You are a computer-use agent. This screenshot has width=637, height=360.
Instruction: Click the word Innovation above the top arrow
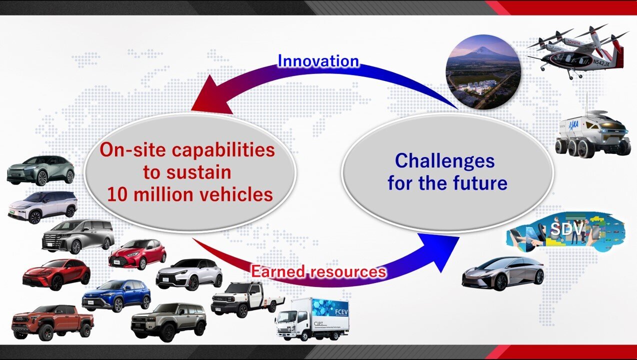318,61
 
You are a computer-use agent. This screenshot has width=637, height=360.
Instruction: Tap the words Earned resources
318,271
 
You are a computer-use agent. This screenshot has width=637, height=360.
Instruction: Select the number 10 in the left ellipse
117,195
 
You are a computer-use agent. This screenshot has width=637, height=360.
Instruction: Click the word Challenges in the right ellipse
445,161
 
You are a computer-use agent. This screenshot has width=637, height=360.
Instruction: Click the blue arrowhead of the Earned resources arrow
439,250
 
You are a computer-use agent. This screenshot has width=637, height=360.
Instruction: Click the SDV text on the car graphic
566,229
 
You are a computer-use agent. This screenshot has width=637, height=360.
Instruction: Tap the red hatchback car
137,254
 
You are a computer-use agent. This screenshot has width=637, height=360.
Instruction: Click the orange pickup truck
53,322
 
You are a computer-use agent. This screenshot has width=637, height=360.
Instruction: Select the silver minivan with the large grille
78,236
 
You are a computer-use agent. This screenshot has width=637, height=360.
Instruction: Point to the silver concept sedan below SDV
503,273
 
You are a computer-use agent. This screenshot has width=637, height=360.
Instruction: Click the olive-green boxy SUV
168,322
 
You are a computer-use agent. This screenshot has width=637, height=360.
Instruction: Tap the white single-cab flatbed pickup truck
247,299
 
